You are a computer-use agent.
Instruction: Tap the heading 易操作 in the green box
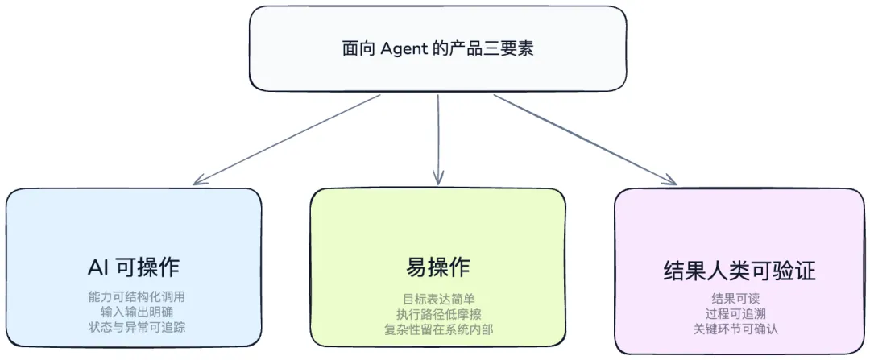click(x=438, y=267)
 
